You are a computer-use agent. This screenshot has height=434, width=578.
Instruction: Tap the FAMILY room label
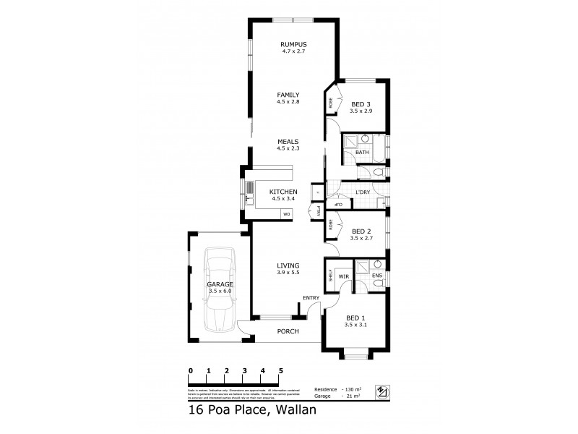pyautogui.click(x=288, y=95)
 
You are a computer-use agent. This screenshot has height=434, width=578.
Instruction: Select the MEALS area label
pyautogui.click(x=288, y=142)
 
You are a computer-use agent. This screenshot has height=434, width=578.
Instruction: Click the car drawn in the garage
pyautogui.click(x=219, y=289)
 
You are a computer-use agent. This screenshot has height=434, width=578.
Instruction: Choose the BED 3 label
pyautogui.click(x=361, y=104)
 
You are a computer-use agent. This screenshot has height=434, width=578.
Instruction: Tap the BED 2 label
pyautogui.click(x=361, y=231)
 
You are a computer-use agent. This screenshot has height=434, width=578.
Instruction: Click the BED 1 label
pyautogui.click(x=355, y=318)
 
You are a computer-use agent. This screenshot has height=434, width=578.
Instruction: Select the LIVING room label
pyautogui.click(x=288, y=266)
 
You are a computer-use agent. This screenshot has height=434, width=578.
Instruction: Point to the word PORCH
pyautogui.click(x=288, y=331)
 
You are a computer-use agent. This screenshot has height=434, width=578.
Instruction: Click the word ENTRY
pyautogui.click(x=311, y=298)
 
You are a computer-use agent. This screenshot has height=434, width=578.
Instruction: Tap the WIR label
pyautogui.click(x=344, y=276)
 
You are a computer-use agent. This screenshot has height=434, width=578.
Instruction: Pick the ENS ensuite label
pyautogui.click(x=376, y=276)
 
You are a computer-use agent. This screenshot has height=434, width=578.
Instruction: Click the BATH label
pyautogui.click(x=362, y=153)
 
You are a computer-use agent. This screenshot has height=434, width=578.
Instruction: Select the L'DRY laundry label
pyautogui.click(x=363, y=192)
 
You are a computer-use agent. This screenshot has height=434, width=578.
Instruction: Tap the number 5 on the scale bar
pyautogui.click(x=281, y=370)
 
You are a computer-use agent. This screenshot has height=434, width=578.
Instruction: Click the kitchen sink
pyautogui.click(x=250, y=190)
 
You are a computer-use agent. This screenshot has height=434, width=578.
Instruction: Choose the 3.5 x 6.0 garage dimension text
pyautogui.click(x=221, y=291)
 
